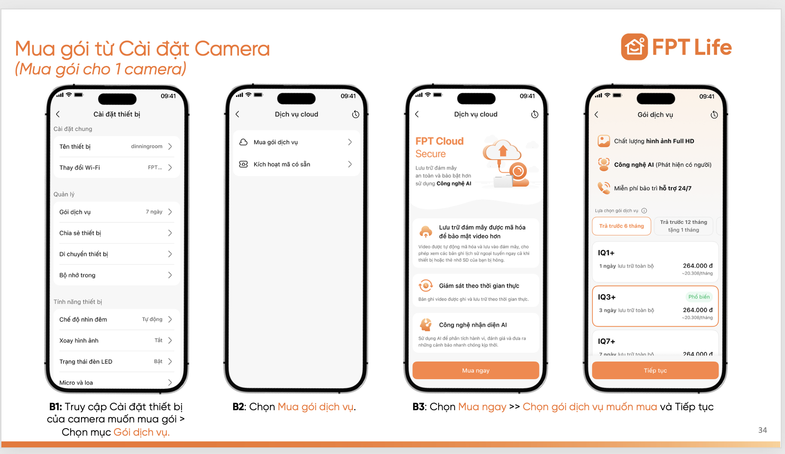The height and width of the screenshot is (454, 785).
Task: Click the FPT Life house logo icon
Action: point(634,47)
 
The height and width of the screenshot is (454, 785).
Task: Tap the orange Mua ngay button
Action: point(475,371)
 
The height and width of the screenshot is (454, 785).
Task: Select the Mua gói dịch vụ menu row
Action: point(296,142)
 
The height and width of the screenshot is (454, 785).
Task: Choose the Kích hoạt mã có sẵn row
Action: point(296,164)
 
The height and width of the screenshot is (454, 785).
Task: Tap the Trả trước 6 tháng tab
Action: point(621,226)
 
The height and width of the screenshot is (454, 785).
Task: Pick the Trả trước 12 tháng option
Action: point(683,226)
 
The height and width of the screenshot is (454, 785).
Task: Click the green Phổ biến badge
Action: point(699,297)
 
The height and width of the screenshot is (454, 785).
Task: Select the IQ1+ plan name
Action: point(606,253)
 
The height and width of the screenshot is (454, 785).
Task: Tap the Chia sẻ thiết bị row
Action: point(116,233)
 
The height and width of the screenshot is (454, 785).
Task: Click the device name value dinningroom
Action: point(147,146)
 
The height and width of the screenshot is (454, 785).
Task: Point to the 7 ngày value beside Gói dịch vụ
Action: point(154,212)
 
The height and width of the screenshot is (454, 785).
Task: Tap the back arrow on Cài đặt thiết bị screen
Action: point(58,114)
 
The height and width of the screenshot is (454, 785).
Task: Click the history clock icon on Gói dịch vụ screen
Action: point(714,115)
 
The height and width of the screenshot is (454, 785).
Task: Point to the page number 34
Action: point(762,430)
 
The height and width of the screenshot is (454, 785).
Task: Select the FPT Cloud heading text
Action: point(439,141)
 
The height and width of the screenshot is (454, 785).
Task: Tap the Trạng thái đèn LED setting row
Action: point(116,362)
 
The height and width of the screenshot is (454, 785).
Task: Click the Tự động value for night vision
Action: point(152,319)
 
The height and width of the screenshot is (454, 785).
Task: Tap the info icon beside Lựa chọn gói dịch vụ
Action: point(644,211)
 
